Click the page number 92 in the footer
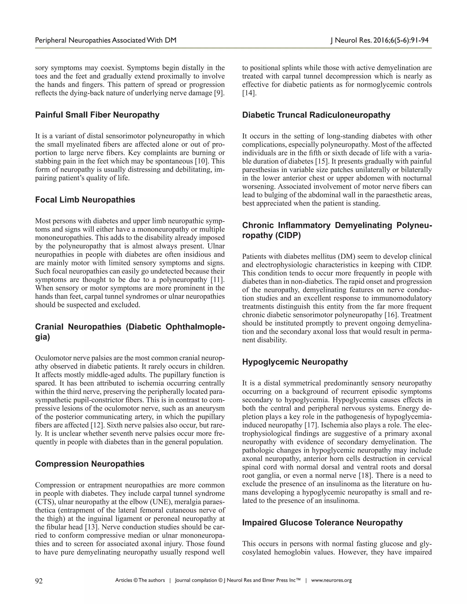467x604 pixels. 39,581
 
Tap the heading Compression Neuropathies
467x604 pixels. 90,464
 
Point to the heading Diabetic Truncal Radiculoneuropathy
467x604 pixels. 316,115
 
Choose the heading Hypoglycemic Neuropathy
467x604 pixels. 295,362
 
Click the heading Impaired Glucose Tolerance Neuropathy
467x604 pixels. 322,522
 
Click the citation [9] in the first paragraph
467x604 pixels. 219,93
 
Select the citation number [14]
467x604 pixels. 249,93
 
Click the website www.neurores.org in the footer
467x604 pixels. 331,580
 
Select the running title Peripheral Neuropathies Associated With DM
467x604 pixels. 106,40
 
